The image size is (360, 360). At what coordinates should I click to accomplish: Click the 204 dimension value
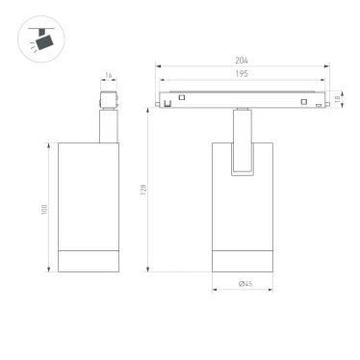242,62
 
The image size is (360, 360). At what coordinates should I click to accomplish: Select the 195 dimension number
242,75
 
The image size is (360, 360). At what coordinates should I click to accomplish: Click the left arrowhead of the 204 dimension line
159,68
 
